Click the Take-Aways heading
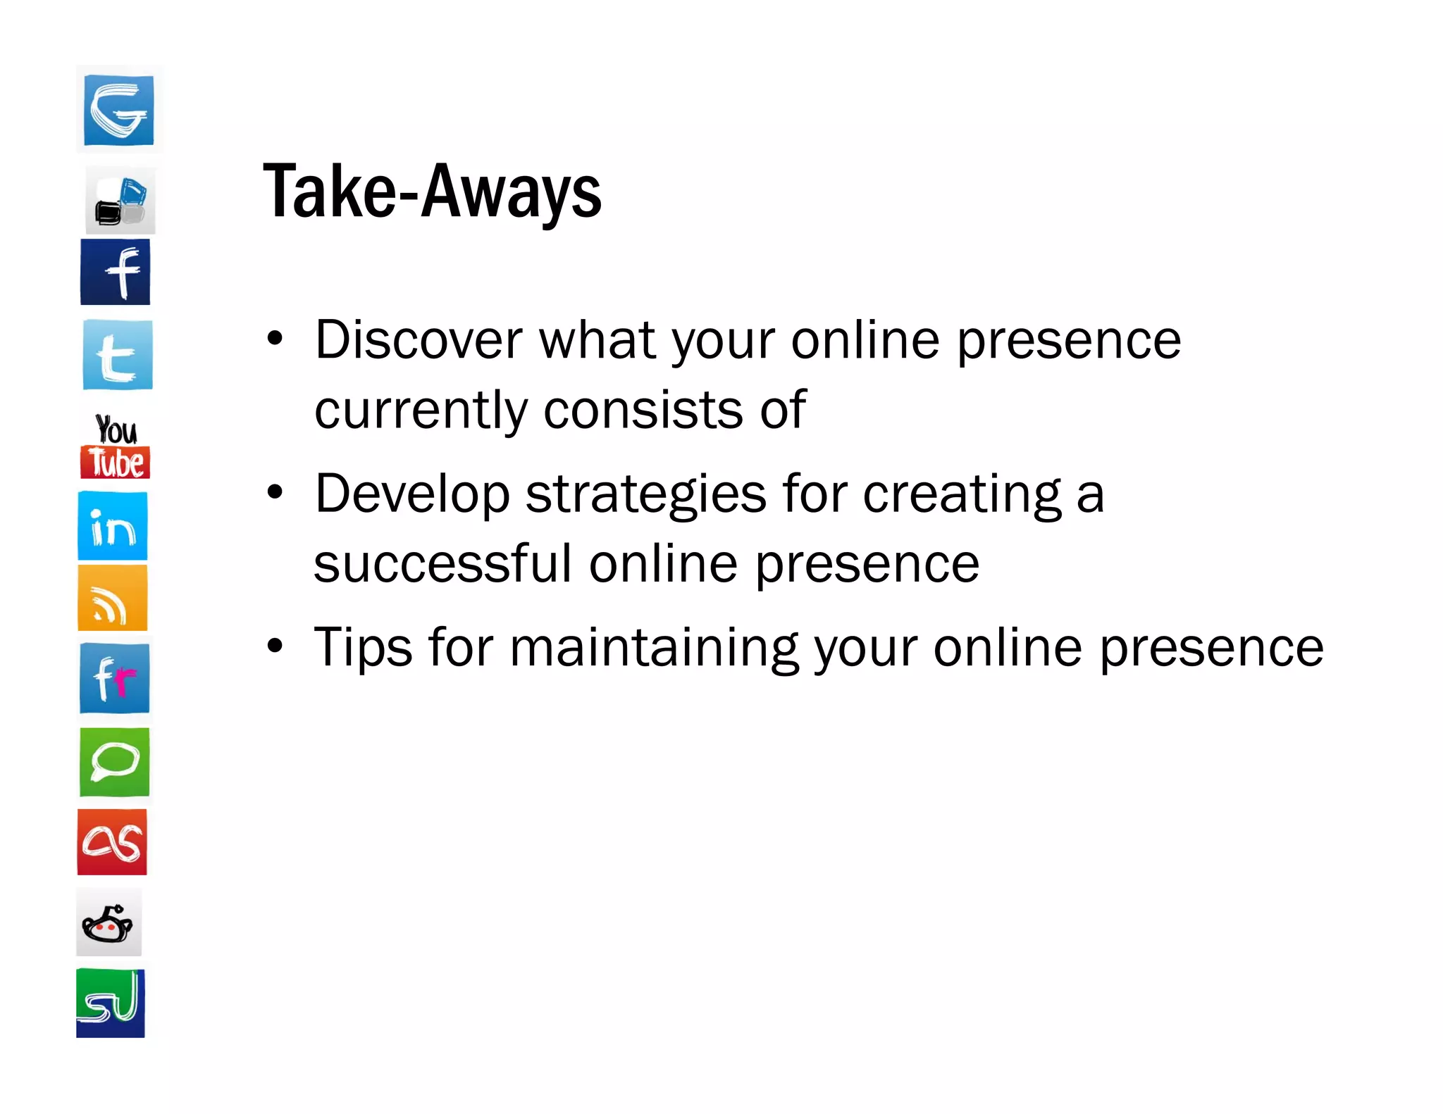(x=432, y=192)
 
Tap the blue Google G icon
(x=118, y=110)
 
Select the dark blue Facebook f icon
(x=116, y=273)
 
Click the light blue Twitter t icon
(x=118, y=355)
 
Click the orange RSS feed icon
(x=113, y=599)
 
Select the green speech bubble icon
(x=115, y=763)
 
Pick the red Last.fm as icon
(x=112, y=842)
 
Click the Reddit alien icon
(x=109, y=922)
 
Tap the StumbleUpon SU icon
(x=111, y=1003)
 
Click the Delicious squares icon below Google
(x=120, y=201)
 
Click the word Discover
(x=419, y=340)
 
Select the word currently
(x=421, y=411)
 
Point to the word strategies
(x=645, y=494)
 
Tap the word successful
(x=442, y=564)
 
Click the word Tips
(x=363, y=648)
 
